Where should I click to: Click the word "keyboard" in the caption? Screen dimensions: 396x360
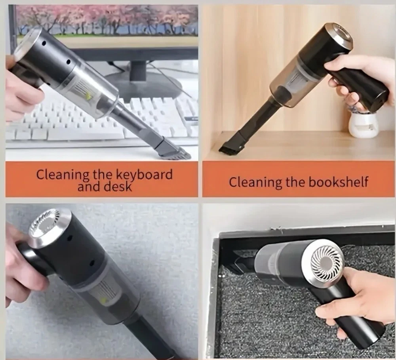click(145, 174)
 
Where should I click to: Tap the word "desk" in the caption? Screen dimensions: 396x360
click(119, 187)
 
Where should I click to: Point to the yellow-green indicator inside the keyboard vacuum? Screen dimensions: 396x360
click(88, 96)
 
